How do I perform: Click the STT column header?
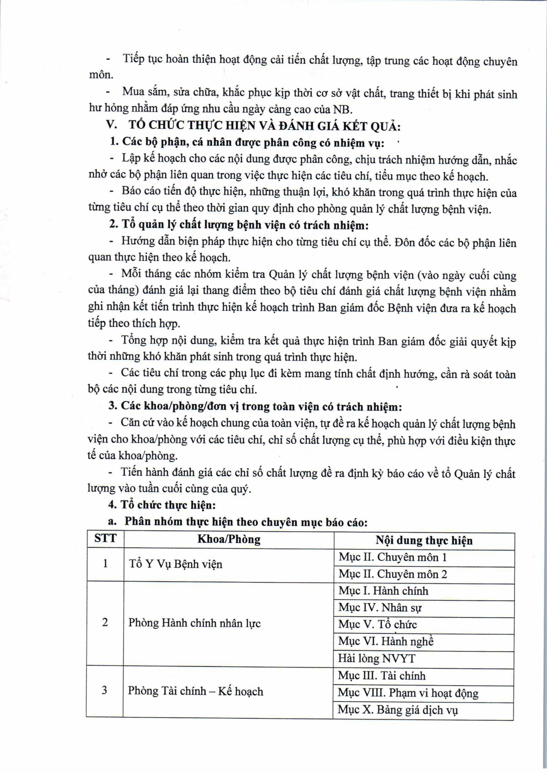[105, 538]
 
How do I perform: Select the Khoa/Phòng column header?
[229, 539]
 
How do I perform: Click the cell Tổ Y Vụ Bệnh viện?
[176, 564]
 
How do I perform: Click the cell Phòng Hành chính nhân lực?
[194, 623]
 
